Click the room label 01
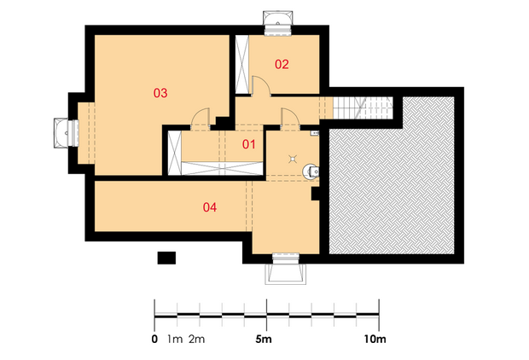pyautogui.click(x=248, y=144)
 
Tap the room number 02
pyautogui.click(x=282, y=64)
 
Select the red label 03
pyautogui.click(x=160, y=93)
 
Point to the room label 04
pyautogui.click(x=210, y=207)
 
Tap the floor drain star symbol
pyautogui.click(x=293, y=159)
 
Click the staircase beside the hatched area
pyautogui.click(x=363, y=108)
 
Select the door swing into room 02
pyautogui.click(x=261, y=86)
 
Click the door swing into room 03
pyautogui.click(x=200, y=119)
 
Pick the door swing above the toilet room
pyautogui.click(x=290, y=119)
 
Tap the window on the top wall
pyautogui.click(x=277, y=23)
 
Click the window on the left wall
pyautogui.click(x=67, y=132)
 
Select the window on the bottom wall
pyautogui.click(x=286, y=269)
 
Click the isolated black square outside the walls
pyautogui.click(x=166, y=258)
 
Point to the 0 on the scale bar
pyautogui.click(x=154, y=339)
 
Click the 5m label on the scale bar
pyautogui.click(x=264, y=339)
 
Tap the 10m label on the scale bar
pyautogui.click(x=375, y=339)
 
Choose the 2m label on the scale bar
pyautogui.click(x=197, y=339)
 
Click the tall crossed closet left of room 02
pyautogui.click(x=241, y=64)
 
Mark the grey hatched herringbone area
pyautogui.click(x=392, y=176)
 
